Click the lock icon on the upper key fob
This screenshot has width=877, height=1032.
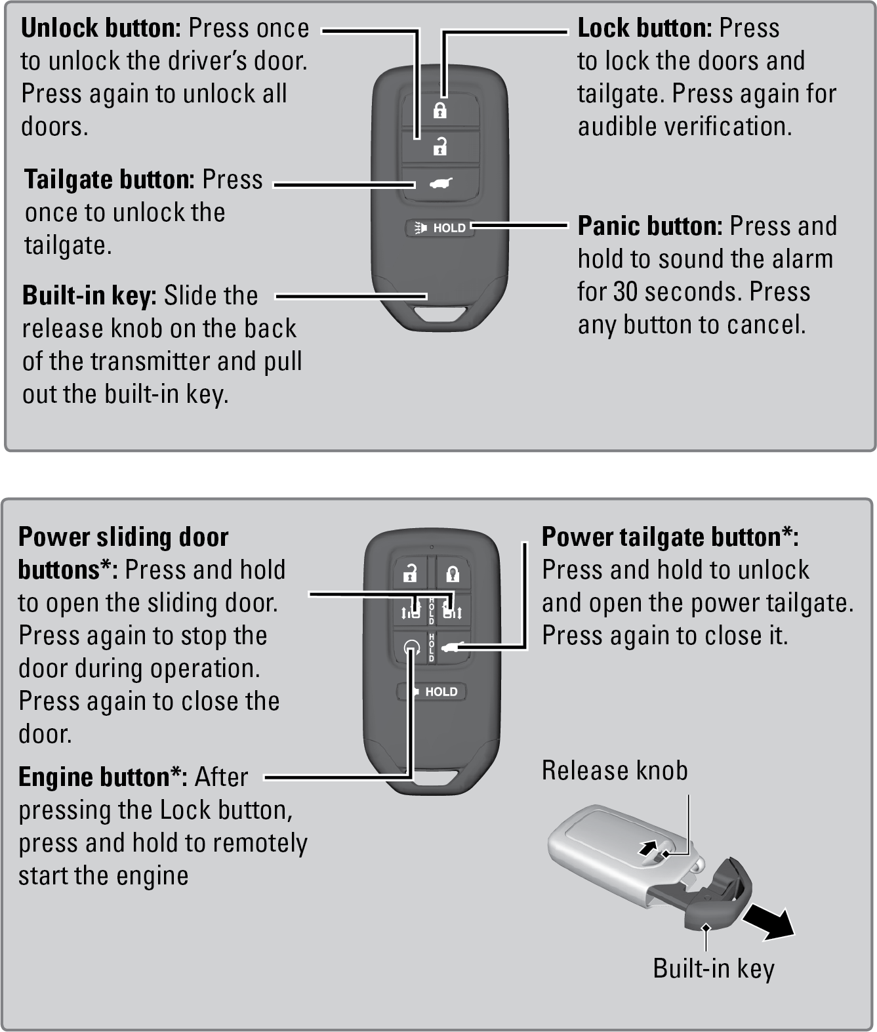[439, 110]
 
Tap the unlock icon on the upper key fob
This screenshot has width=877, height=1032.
[439, 146]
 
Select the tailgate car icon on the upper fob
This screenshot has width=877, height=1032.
[441, 184]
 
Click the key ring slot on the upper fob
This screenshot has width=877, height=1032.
[440, 314]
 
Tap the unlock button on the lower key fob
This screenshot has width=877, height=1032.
[411, 573]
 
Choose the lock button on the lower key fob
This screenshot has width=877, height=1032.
[453, 573]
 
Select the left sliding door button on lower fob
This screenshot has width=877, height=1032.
[411, 611]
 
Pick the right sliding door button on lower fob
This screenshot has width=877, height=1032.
[453, 611]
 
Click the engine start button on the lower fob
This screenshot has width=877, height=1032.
[411, 648]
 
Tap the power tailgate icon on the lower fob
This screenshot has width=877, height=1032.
[453, 647]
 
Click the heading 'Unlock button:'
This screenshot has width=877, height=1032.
[101, 28]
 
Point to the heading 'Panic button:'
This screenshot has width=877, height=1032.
[650, 226]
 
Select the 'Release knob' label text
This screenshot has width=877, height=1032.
[615, 770]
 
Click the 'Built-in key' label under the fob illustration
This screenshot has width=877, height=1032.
[713, 969]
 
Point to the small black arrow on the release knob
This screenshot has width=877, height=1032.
[648, 847]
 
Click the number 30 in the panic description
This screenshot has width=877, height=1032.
[627, 292]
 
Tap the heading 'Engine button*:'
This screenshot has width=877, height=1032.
[103, 777]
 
